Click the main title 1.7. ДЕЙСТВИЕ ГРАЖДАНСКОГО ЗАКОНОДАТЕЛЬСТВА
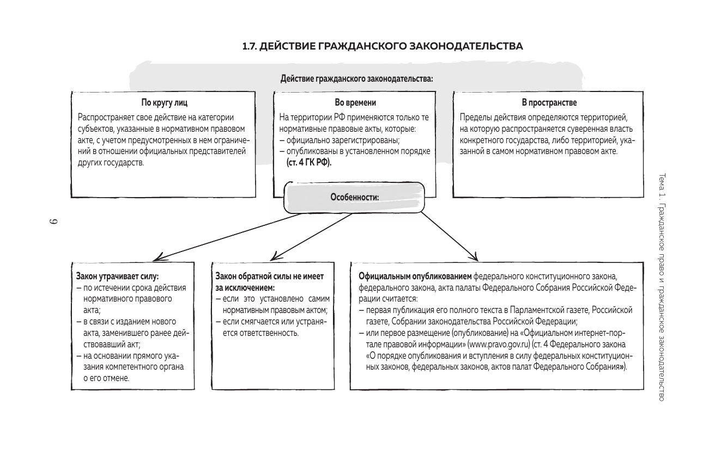(x=383, y=46)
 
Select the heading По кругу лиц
(x=164, y=102)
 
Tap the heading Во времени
(x=355, y=102)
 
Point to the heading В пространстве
(x=549, y=102)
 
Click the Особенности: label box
(x=355, y=198)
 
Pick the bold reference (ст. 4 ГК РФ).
(x=309, y=163)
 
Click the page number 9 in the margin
(x=53, y=223)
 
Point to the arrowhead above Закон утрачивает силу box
(x=156, y=257)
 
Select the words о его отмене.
(x=106, y=378)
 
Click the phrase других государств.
(x=111, y=163)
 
